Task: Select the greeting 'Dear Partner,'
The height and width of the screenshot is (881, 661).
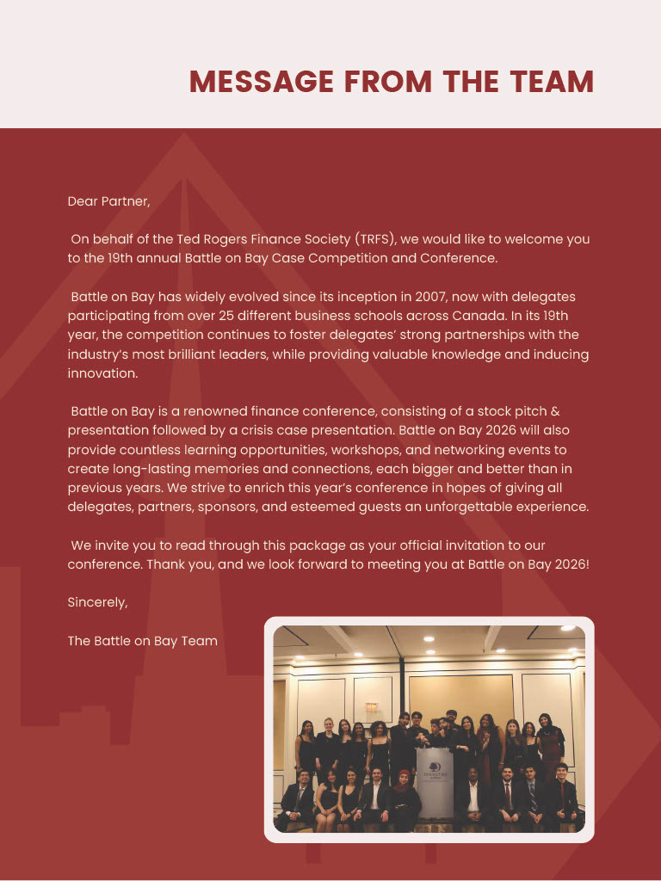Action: (x=108, y=201)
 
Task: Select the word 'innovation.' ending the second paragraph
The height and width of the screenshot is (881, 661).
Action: (x=102, y=373)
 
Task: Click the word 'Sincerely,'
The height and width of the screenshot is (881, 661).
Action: (x=97, y=602)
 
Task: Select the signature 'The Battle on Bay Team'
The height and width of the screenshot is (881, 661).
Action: (x=142, y=641)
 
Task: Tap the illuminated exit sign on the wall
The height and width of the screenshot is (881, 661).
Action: (x=372, y=706)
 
